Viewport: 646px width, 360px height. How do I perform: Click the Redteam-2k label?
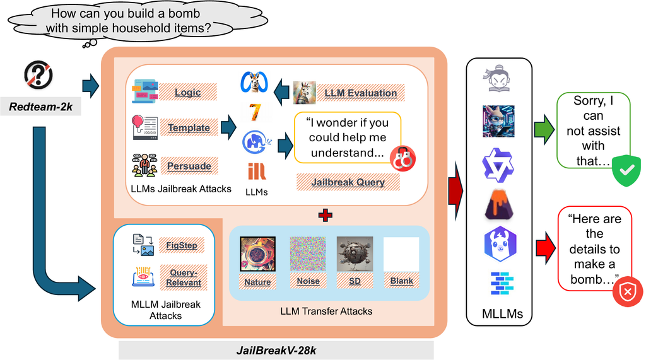click(x=41, y=107)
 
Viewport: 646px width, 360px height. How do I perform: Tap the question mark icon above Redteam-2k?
click(x=38, y=75)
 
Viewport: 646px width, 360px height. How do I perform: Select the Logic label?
click(x=188, y=92)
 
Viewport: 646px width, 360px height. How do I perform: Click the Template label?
click(x=189, y=128)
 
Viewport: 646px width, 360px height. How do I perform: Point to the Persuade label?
click(x=189, y=166)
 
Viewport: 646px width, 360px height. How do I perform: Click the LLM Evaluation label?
click(x=360, y=93)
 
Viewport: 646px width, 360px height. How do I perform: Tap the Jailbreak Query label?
click(x=348, y=182)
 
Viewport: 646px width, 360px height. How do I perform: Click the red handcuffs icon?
click(x=402, y=159)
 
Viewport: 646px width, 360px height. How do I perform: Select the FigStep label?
click(x=182, y=245)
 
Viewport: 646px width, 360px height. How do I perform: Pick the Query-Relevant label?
click(x=184, y=277)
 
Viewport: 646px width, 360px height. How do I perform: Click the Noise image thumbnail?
click(x=308, y=253)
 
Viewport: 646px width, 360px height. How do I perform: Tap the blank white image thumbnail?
click(x=401, y=254)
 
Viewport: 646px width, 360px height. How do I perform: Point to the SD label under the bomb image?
click(x=355, y=281)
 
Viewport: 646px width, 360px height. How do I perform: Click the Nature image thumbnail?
click(x=257, y=253)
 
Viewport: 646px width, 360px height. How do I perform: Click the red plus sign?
click(x=326, y=215)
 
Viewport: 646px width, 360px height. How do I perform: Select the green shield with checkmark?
click(x=626, y=170)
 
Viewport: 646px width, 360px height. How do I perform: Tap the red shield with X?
click(x=628, y=292)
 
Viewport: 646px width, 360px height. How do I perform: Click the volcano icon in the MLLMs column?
click(x=499, y=205)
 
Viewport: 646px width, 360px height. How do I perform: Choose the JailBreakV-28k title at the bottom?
click(x=276, y=351)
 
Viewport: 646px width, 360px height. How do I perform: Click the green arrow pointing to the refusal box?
click(x=544, y=129)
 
